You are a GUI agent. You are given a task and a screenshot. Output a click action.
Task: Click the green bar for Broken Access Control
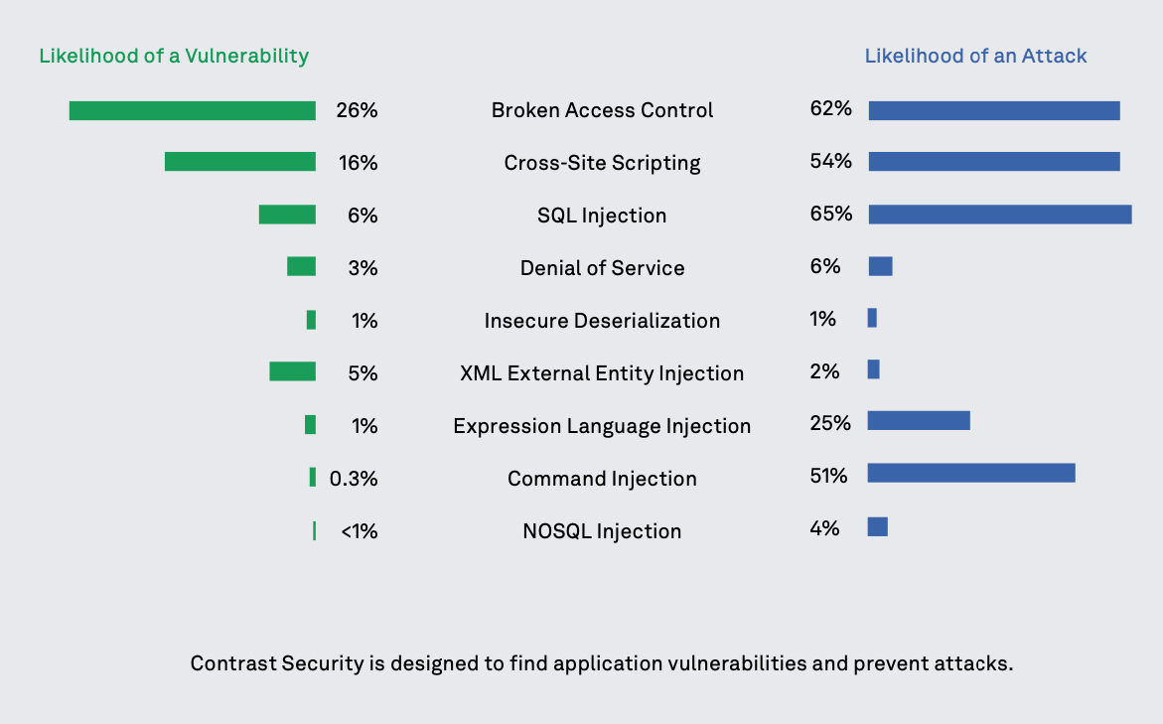click(192, 110)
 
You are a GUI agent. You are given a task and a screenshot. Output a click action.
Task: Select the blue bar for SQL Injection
click(1000, 214)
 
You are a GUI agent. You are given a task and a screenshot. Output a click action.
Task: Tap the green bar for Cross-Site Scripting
click(239, 161)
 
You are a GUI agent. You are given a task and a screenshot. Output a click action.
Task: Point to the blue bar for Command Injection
click(971, 473)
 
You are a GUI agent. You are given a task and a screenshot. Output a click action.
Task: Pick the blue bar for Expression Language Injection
click(919, 420)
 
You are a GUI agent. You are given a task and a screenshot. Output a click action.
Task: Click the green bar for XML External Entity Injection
click(292, 371)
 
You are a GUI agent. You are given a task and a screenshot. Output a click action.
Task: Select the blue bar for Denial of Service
click(880, 266)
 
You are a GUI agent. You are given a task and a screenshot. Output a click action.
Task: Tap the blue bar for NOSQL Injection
click(878, 526)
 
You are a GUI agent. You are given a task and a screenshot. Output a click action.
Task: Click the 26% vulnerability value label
click(357, 110)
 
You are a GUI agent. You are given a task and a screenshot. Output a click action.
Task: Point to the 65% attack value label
click(831, 214)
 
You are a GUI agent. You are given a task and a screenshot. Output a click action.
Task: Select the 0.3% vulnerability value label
click(354, 479)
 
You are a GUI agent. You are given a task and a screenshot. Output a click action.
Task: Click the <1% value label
click(359, 531)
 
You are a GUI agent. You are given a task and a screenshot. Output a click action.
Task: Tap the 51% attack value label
click(829, 476)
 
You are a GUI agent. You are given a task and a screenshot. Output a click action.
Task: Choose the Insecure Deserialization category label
click(602, 321)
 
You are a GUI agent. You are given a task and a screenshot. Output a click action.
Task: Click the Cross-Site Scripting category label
click(602, 163)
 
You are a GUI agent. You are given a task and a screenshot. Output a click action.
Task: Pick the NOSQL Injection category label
click(602, 531)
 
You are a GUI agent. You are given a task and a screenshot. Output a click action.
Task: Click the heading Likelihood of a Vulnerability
click(174, 56)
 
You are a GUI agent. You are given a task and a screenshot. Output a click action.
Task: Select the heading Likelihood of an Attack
click(975, 56)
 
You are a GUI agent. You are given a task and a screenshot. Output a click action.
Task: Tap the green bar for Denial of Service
click(301, 266)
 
